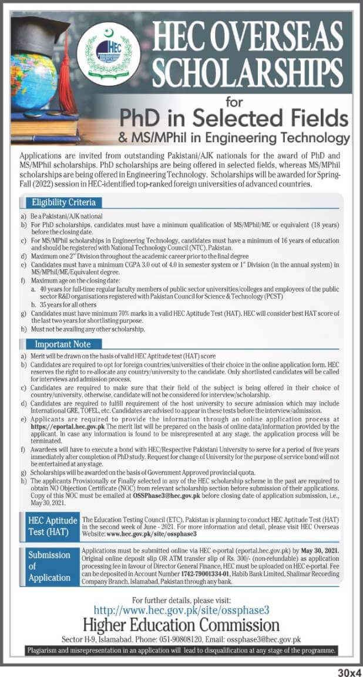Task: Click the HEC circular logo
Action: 109,53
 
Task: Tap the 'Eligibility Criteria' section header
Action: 63,203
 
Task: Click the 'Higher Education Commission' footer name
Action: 181,625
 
